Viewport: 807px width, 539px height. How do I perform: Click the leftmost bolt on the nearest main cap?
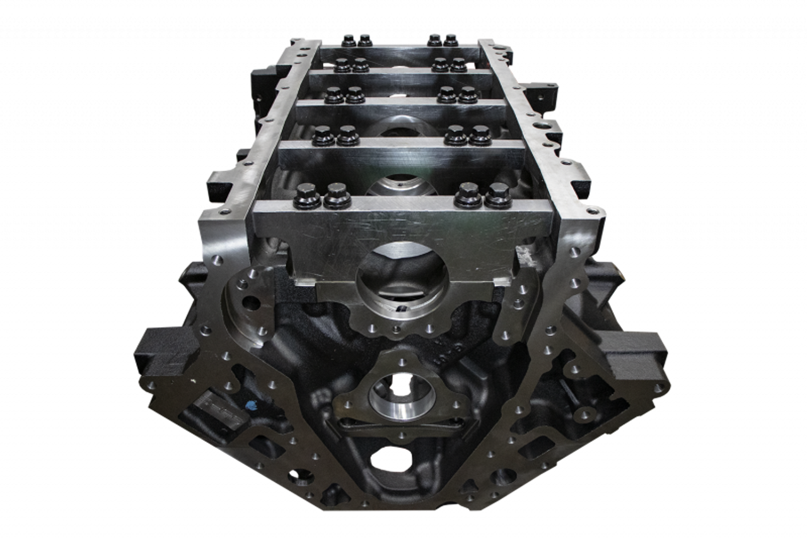[x=308, y=195]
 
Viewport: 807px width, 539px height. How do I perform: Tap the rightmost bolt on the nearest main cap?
[x=498, y=195]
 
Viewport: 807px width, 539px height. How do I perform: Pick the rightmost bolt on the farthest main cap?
[x=450, y=40]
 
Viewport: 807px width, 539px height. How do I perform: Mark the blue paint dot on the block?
[x=250, y=405]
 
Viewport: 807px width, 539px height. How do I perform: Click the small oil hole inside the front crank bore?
[x=401, y=309]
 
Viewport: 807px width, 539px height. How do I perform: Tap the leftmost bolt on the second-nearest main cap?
[x=323, y=134]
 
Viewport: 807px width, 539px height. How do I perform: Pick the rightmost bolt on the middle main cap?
[x=467, y=95]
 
